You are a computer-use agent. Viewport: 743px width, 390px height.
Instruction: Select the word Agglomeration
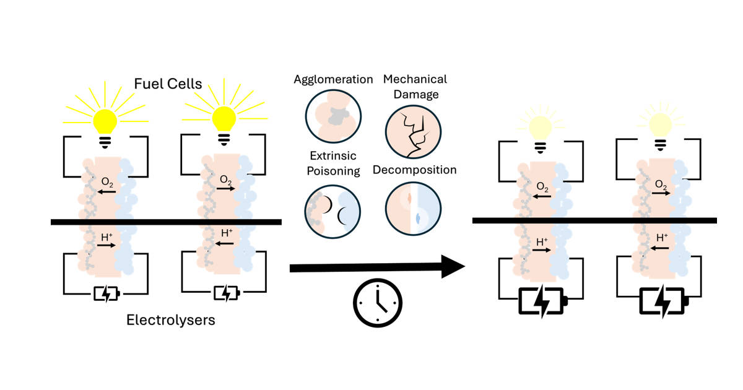pos(334,79)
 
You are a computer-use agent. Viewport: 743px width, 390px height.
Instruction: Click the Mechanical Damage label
pos(415,87)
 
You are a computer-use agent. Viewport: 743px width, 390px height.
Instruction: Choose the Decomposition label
pos(415,169)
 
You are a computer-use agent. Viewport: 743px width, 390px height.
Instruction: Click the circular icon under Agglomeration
pos(333,116)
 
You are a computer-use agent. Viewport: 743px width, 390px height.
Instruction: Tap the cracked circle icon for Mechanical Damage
pos(413,131)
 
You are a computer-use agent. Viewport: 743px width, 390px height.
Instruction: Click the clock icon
pos(378,303)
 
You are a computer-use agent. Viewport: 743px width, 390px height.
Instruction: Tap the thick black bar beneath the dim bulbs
pos(594,220)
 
